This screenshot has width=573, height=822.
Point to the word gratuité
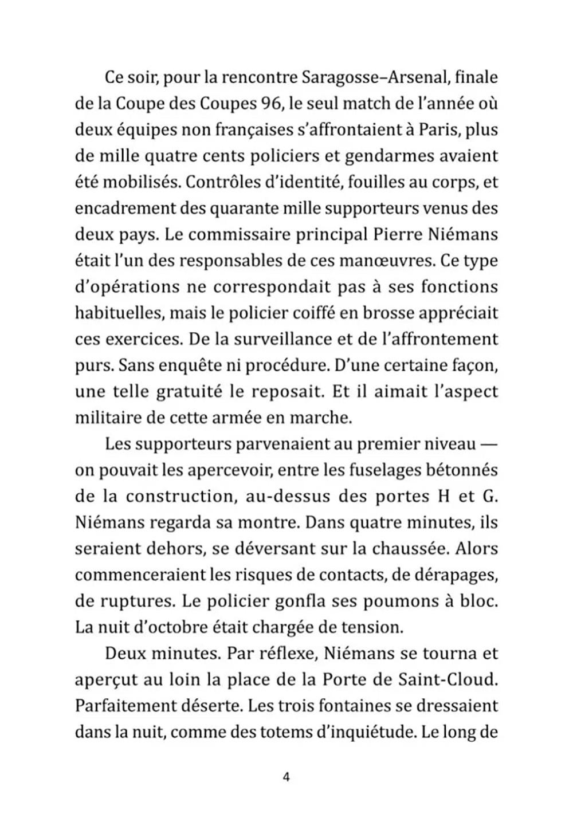[x=190, y=392]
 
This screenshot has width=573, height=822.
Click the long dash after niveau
[x=486, y=445]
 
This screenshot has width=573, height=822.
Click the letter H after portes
[x=443, y=496]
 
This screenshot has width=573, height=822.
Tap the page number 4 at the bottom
[x=286, y=777]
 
